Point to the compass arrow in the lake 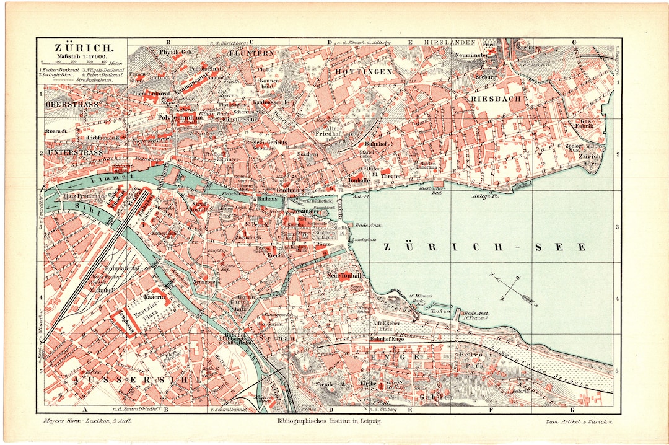click(x=512, y=289)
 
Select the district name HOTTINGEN click(x=364, y=72)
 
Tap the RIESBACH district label click(x=497, y=98)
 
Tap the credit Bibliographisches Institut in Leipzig click(x=329, y=421)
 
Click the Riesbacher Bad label click(x=434, y=190)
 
